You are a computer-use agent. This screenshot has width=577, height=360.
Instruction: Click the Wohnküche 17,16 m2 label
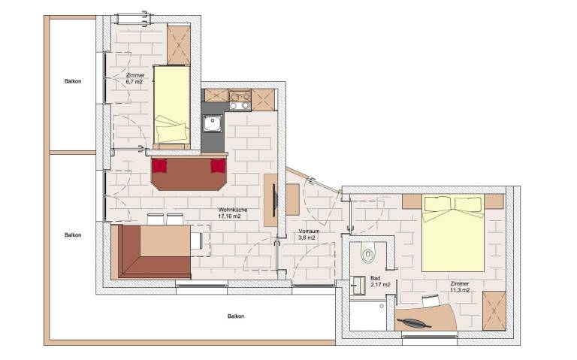point(230,213)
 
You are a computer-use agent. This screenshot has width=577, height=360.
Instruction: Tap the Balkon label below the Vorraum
point(236,316)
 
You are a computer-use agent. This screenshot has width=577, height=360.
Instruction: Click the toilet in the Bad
point(367,254)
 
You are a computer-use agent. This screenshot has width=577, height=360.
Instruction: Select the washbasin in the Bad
point(358,285)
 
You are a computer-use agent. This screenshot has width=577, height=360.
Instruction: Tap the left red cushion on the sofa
point(159,165)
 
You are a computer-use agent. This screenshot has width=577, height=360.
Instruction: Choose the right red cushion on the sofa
point(218,165)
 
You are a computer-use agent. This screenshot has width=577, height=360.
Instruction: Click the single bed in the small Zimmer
point(174,104)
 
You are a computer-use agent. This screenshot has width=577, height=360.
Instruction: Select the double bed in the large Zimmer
point(452,232)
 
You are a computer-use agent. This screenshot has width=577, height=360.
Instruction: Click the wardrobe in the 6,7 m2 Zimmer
point(179,45)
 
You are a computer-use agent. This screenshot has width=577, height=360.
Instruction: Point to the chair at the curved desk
point(430,301)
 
